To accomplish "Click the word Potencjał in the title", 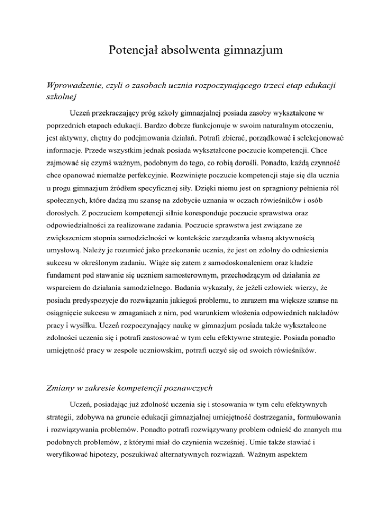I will (133, 51).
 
